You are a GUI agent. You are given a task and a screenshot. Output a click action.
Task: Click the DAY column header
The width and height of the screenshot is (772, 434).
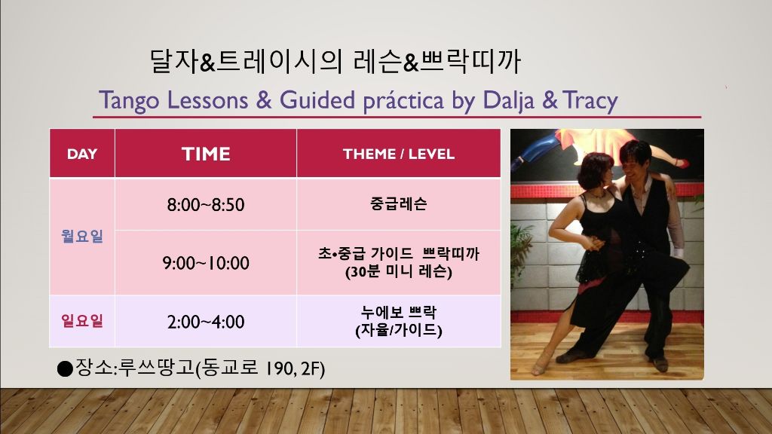click(81, 154)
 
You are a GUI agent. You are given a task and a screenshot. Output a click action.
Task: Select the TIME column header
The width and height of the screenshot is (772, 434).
click(206, 154)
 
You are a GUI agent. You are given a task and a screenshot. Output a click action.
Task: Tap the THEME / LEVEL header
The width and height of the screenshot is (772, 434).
click(399, 154)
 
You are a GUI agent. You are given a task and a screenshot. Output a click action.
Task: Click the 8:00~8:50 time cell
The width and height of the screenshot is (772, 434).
click(206, 204)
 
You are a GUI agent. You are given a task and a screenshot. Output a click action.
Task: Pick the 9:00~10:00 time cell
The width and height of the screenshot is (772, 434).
click(206, 263)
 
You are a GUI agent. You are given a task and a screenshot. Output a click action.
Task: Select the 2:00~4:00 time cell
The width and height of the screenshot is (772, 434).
click(206, 322)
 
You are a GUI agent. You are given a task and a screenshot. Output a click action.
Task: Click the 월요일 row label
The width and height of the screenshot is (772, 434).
click(81, 236)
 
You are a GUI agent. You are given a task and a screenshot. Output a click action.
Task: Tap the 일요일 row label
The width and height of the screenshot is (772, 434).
click(81, 321)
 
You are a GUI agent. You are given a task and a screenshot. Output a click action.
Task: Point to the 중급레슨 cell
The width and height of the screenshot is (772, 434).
click(399, 203)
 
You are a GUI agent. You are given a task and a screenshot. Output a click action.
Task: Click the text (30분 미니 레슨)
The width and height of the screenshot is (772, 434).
click(399, 271)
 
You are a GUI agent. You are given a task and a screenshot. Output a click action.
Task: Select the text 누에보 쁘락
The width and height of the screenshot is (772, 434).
click(399, 312)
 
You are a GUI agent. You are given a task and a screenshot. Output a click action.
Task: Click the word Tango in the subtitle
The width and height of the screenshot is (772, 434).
click(129, 100)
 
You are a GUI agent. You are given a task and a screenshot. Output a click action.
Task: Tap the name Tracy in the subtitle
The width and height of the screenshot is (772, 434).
click(590, 100)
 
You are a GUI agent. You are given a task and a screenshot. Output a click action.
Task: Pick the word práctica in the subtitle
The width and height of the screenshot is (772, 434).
click(403, 100)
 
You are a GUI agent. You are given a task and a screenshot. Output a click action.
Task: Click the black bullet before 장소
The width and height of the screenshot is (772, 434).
click(65, 368)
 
